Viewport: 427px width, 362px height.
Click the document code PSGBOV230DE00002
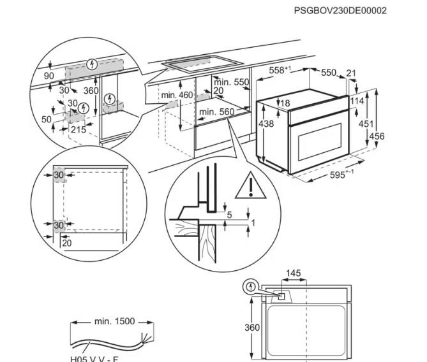click(x=340, y=10)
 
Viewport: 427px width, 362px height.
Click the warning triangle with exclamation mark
click(x=251, y=186)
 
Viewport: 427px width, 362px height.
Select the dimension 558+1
click(x=280, y=71)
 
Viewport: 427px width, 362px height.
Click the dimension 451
click(x=366, y=124)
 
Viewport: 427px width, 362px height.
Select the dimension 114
click(x=357, y=100)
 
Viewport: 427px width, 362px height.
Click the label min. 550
click(x=231, y=82)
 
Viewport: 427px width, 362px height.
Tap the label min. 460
click(x=177, y=96)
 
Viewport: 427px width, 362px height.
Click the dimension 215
click(x=78, y=129)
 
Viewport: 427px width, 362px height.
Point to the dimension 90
click(x=49, y=76)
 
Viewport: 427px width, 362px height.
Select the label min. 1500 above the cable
click(x=114, y=321)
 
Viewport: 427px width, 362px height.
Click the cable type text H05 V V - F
click(x=94, y=358)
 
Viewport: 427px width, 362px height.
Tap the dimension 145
click(x=293, y=273)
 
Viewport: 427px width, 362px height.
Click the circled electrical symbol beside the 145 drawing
click(x=252, y=287)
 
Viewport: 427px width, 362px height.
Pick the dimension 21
click(x=350, y=73)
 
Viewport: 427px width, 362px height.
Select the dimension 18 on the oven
click(x=285, y=103)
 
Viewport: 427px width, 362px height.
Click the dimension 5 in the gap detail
click(x=229, y=215)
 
